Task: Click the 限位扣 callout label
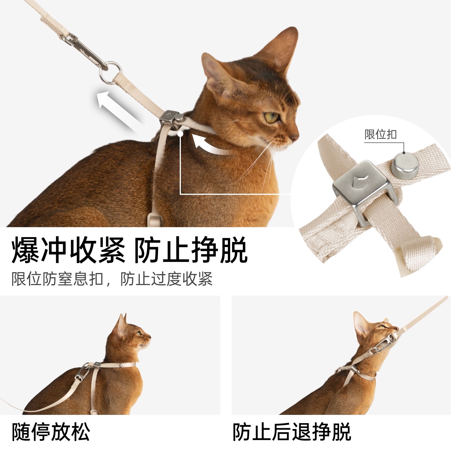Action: [381, 134]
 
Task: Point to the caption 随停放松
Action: [51, 432]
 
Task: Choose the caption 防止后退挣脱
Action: [292, 432]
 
